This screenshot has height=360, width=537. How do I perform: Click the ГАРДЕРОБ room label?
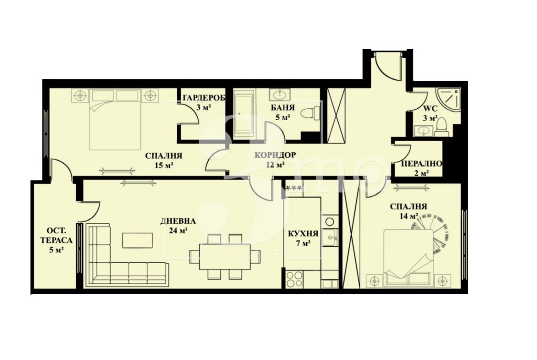[204, 98]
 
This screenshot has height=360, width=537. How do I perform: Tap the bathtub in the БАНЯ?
[244, 114]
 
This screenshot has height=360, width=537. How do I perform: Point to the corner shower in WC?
[448, 99]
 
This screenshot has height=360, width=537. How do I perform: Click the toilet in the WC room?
[442, 127]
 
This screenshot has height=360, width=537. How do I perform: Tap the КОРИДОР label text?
[275, 155]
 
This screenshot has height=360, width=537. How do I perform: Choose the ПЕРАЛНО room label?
[421, 164]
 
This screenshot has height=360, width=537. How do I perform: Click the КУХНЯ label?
[303, 234]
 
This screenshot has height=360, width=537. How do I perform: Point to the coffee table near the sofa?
[138, 240]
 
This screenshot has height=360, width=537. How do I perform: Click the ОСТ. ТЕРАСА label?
[56, 235]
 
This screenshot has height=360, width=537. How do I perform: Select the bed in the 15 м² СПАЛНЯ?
[115, 119]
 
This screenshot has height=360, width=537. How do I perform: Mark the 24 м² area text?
[178, 230]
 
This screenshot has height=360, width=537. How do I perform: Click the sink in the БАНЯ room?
[280, 94]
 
